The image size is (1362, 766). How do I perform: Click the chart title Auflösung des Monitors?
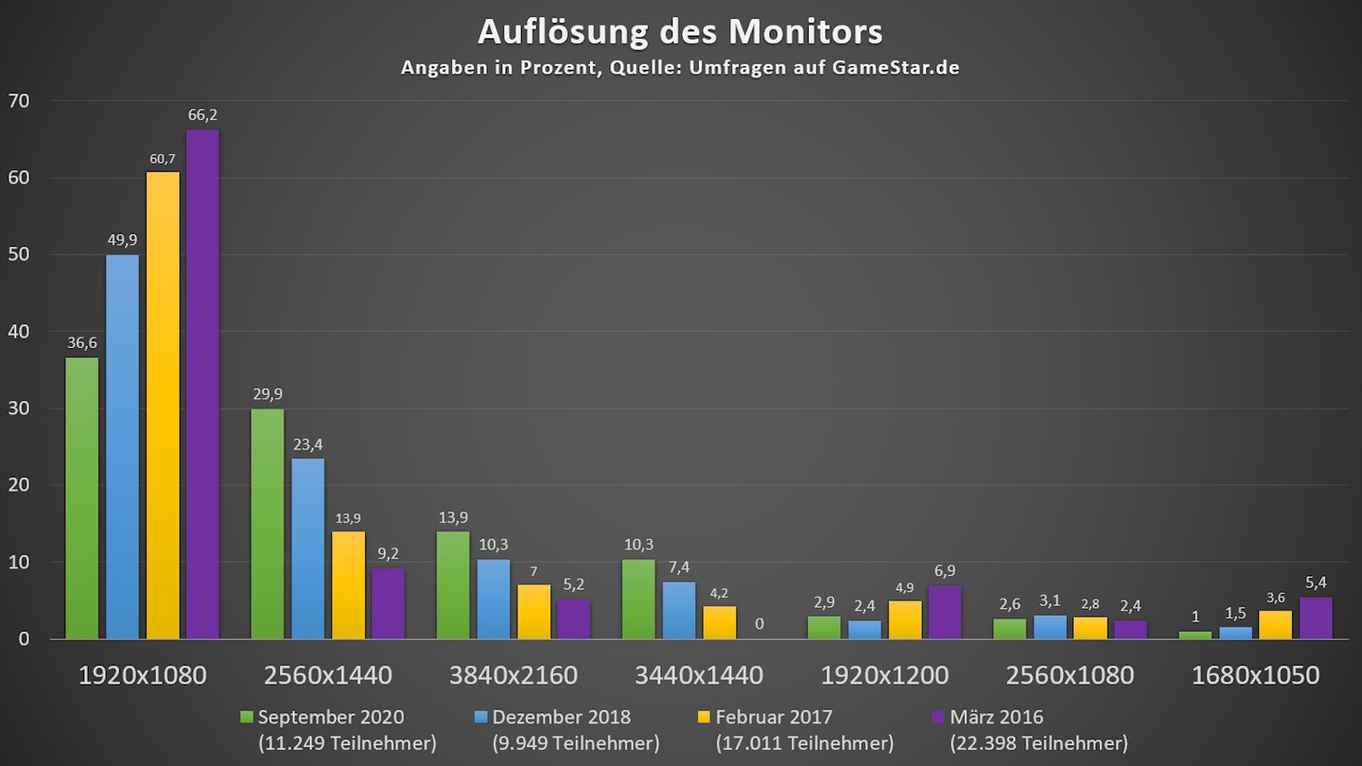click(x=680, y=31)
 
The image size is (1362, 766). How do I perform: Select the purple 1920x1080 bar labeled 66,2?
click(x=202, y=383)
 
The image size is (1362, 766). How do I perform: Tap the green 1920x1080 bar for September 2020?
click(x=82, y=497)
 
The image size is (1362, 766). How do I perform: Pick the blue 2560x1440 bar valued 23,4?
click(x=307, y=548)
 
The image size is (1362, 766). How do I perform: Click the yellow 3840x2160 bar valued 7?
click(x=535, y=612)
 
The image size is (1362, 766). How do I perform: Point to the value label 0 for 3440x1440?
click(x=759, y=624)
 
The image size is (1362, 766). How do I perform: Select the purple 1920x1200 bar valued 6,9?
click(x=945, y=613)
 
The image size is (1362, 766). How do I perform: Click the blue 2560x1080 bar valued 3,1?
click(x=1051, y=627)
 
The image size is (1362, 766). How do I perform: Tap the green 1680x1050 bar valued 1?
click(x=1196, y=635)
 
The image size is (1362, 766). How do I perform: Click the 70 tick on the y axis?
click(x=19, y=101)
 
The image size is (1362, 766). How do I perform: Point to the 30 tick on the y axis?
click(x=19, y=409)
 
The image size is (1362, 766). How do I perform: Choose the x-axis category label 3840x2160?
click(x=513, y=675)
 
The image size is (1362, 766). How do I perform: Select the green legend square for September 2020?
click(x=247, y=718)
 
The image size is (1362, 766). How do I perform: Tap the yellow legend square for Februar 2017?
click(x=706, y=718)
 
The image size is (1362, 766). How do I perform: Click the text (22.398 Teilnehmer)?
click(x=1033, y=743)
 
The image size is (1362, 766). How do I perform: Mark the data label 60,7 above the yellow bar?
click(x=163, y=159)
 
